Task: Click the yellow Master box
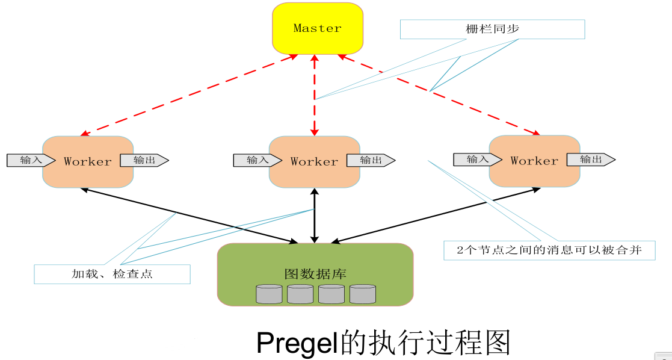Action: point(317,28)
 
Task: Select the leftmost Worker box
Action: point(88,161)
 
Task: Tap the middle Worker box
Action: point(314,161)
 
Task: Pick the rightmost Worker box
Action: point(534,161)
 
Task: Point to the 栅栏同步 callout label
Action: point(492,29)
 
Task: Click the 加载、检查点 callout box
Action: point(112,274)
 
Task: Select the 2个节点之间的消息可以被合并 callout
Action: point(549,250)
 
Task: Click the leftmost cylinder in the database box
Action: point(268,294)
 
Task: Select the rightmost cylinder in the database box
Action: point(362,294)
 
